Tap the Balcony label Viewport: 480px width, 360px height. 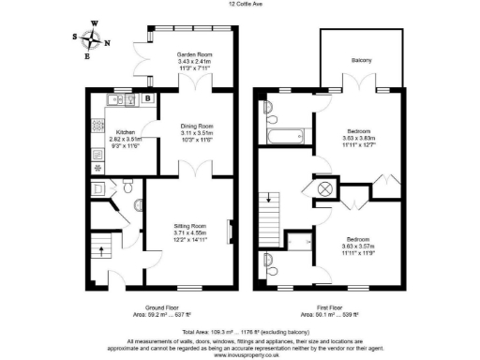361,61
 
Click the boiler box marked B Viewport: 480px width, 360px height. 148,97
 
